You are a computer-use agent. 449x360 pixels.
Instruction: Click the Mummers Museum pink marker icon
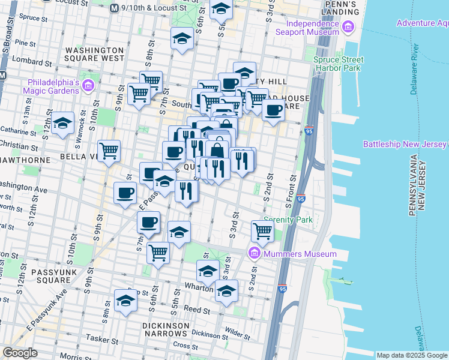click(253, 254)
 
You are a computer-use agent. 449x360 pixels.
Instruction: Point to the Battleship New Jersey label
click(405, 145)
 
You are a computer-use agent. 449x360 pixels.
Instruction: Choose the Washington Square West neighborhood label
click(95, 55)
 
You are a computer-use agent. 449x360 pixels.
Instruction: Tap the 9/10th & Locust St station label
click(154, 8)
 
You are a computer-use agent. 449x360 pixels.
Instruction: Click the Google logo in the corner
click(20, 353)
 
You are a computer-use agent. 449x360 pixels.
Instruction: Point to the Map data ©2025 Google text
click(412, 355)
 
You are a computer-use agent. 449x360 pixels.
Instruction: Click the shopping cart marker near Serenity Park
click(262, 230)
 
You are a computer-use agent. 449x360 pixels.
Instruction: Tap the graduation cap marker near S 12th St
click(62, 124)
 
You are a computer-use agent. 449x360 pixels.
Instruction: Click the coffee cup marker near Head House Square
click(273, 110)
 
